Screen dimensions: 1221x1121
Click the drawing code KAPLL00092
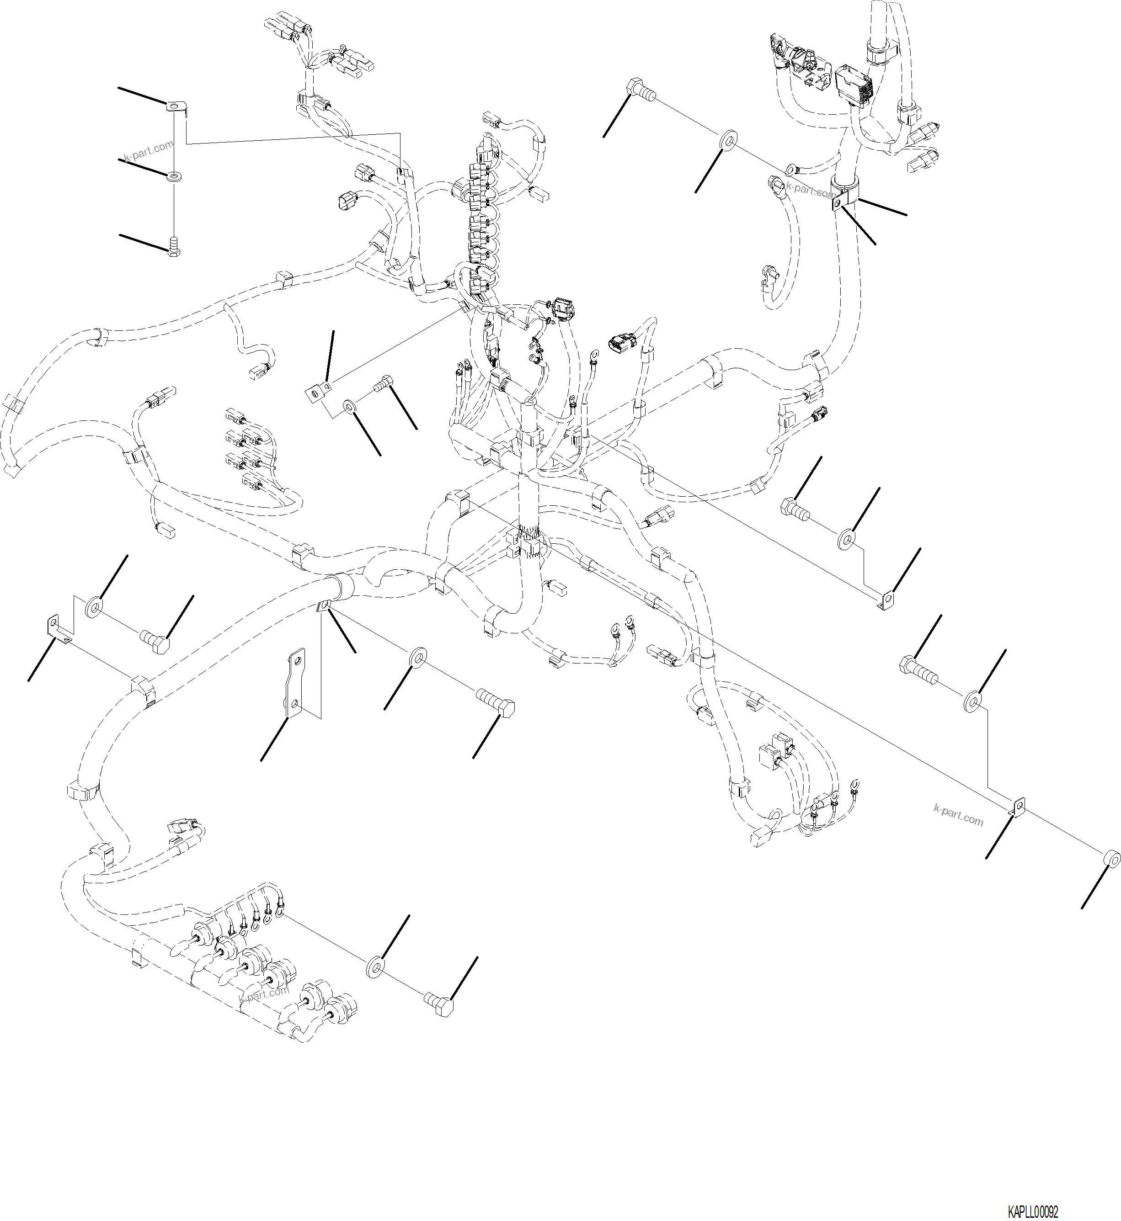coord(1032,1212)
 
